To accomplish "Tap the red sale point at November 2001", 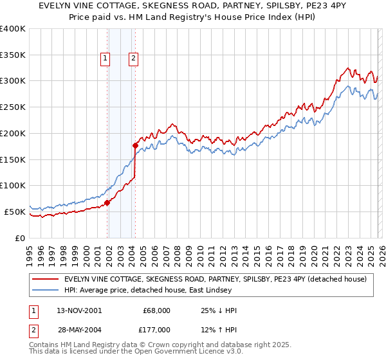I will coord(107,202).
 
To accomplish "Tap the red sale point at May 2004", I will coord(135,145).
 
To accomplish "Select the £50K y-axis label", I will coord(15,212).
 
